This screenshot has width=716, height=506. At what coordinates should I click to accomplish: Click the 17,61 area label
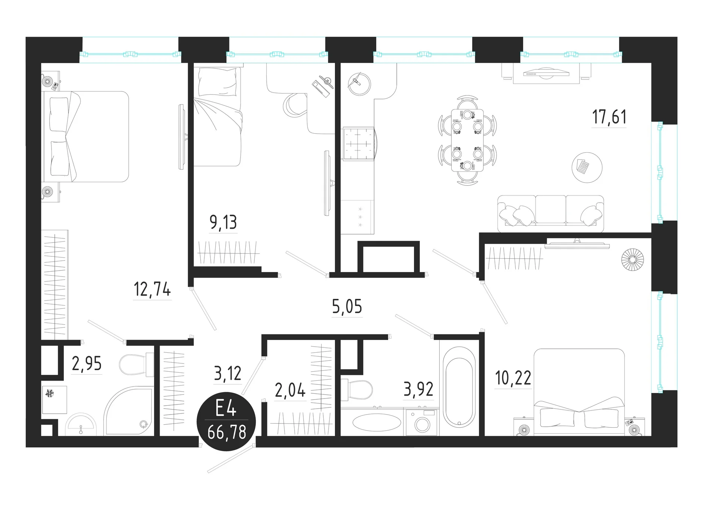click(x=609, y=117)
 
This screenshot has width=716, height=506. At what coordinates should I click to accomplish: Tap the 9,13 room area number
click(x=223, y=222)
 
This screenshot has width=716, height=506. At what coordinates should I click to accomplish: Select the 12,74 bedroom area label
click(x=152, y=289)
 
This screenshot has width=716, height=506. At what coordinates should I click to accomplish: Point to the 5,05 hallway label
click(x=347, y=307)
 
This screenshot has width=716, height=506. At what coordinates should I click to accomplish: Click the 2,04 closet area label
click(x=290, y=390)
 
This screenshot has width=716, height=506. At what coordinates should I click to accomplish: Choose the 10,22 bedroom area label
click(x=513, y=378)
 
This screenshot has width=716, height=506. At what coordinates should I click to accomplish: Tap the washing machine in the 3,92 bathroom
click(x=422, y=422)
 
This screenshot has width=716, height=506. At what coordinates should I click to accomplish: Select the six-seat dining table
click(x=467, y=140)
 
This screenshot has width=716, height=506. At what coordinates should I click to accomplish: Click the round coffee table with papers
click(x=587, y=167)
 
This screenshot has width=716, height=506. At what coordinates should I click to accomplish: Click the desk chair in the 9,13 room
click(x=295, y=105)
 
